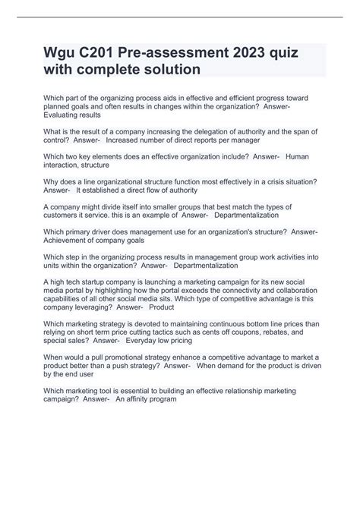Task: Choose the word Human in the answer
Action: point(298,156)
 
